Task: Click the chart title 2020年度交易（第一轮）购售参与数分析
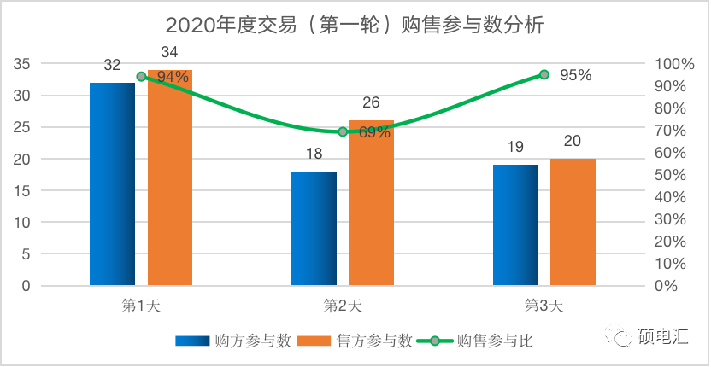355,25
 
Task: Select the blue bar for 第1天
112,183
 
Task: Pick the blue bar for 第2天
314,228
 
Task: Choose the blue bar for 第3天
516,224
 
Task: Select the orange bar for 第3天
573,222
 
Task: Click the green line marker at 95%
544,75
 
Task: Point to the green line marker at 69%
343,131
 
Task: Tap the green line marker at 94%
141,77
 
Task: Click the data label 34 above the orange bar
169,53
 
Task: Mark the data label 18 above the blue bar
314,154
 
